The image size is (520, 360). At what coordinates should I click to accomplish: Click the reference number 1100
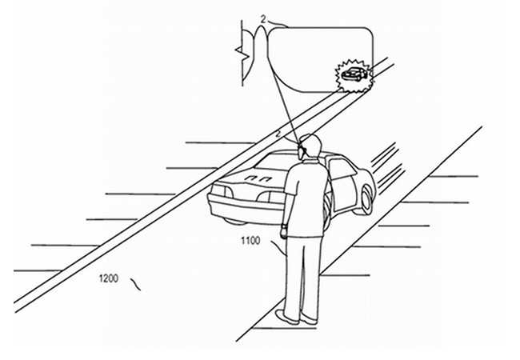tap(250, 240)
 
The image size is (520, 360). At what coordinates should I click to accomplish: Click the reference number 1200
tap(109, 278)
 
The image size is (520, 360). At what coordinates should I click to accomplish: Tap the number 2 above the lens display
tap(263, 20)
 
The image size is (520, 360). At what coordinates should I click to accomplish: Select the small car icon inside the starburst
tap(354, 74)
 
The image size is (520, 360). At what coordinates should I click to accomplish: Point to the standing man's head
tap(310, 146)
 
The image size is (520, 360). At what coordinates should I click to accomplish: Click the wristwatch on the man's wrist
tap(283, 226)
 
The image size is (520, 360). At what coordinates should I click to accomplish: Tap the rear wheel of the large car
tap(366, 199)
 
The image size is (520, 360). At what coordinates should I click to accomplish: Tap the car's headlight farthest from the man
tap(219, 191)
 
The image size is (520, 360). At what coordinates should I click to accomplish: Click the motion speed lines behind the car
tap(387, 167)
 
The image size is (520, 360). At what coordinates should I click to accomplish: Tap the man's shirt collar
tap(310, 162)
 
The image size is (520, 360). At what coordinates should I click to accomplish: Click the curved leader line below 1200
tap(135, 285)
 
